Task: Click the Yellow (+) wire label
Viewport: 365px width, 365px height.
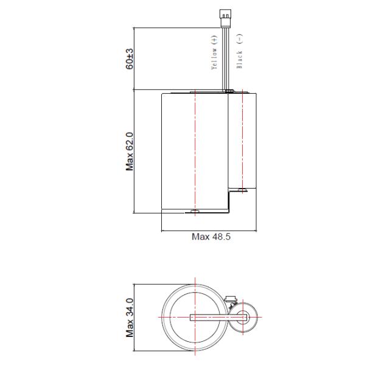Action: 214,54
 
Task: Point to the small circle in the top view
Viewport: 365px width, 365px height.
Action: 245,317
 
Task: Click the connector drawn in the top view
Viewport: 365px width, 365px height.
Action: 231,299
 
